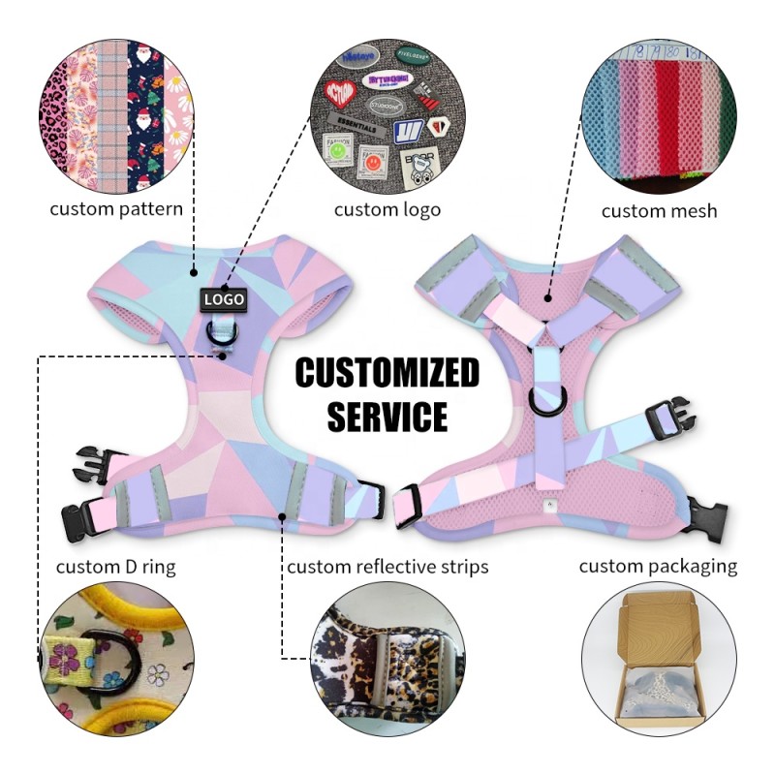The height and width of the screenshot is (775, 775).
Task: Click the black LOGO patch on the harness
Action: [224, 300]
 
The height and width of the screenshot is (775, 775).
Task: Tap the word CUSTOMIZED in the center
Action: [387, 372]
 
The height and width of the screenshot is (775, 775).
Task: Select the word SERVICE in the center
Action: [387, 416]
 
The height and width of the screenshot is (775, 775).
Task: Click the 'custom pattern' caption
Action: [116, 208]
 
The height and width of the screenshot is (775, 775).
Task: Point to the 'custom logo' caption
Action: [387, 209]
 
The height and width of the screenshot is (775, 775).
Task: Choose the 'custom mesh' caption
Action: [659, 210]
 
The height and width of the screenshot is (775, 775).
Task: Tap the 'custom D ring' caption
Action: [115, 566]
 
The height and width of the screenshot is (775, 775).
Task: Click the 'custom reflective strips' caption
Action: [387, 566]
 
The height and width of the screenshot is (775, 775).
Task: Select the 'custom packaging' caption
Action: [658, 566]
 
